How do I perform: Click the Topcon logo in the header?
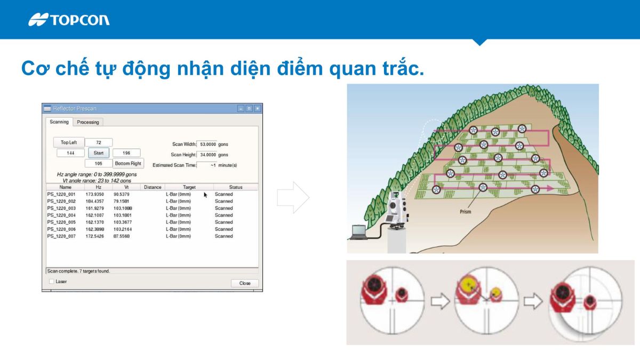pos(69,20)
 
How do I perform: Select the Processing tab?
pos(88,122)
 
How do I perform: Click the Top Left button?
pos(69,142)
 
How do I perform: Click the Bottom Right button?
pos(129,163)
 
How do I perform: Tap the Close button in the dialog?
pos(245,283)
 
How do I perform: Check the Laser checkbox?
pos(52,282)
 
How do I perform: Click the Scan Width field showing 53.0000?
pos(207,144)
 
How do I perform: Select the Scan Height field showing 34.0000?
pos(207,155)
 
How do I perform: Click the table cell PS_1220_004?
pos(61,215)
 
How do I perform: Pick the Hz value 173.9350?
pos(94,194)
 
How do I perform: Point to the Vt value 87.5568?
pos(122,236)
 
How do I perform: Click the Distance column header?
pos(153,187)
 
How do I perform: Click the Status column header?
pos(236,187)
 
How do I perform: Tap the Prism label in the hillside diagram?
pos(466,212)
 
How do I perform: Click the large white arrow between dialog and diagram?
pos(293,197)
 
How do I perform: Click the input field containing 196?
pos(127,153)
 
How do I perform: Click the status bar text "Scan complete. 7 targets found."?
pos(79,271)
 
